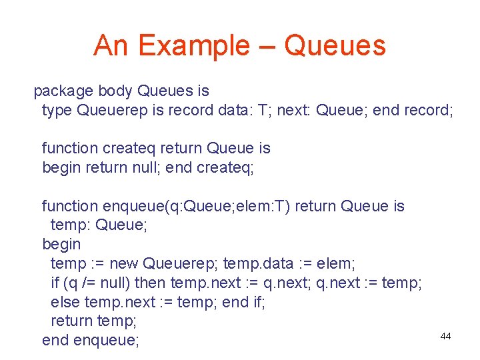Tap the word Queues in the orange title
[x=335, y=46]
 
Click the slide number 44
[x=445, y=336]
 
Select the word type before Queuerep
[x=57, y=111]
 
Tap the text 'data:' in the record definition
[x=235, y=110]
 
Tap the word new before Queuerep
[x=124, y=264]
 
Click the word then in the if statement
[x=151, y=283]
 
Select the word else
[x=65, y=302]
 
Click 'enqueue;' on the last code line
[x=107, y=341]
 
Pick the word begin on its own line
[x=61, y=245]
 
